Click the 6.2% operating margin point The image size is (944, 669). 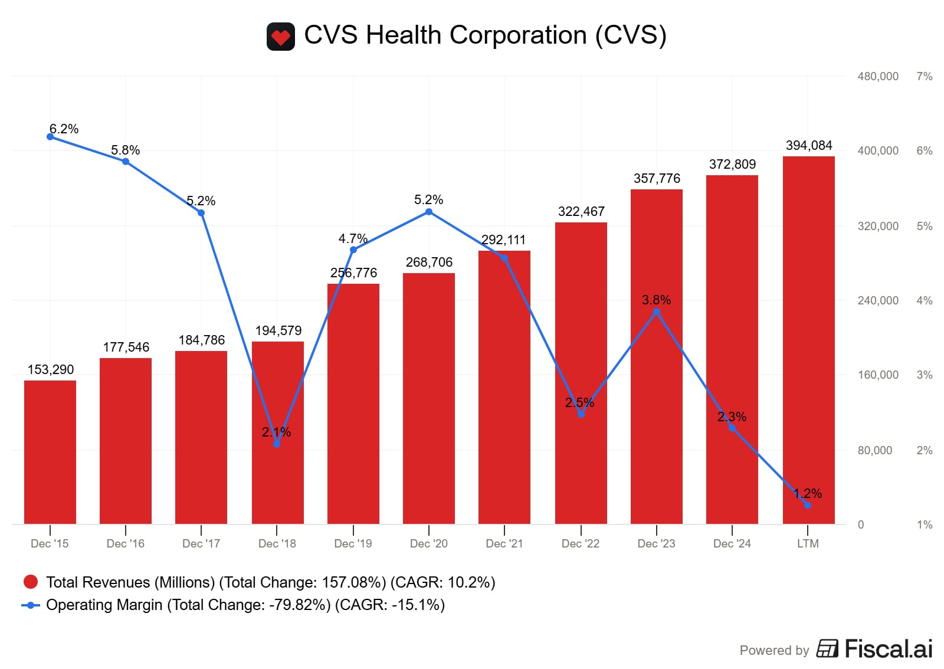pos(50,137)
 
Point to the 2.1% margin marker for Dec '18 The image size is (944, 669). pos(277,444)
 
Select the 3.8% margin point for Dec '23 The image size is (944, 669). pos(657,312)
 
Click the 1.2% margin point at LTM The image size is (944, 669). pos(808,505)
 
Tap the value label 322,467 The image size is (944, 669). pos(581,211)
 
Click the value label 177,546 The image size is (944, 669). pos(126,347)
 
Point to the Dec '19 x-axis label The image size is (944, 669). pos(353,543)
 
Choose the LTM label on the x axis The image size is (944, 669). pos(808,543)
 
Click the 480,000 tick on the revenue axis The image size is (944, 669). pos(878,76)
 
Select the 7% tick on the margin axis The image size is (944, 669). pos(925,76)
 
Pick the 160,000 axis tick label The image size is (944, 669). pos(878,375)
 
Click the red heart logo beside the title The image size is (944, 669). pos(281,37)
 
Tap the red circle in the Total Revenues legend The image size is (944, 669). pos(31,582)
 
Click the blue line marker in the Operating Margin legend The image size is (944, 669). pos(31,605)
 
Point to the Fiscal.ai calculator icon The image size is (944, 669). pos(827,648)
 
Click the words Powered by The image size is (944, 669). pos(774,650)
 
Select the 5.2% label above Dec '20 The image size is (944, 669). pos(429,199)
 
